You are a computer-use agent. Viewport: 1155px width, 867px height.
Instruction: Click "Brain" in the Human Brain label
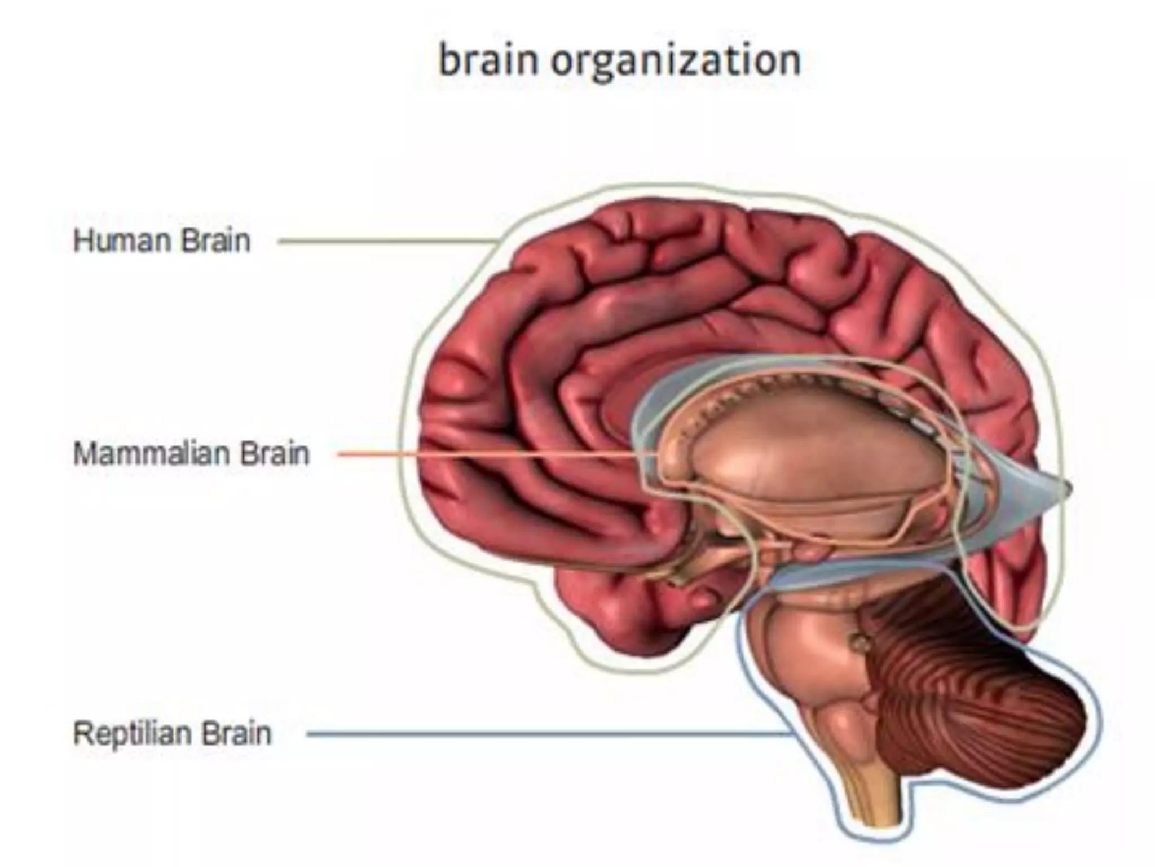pyautogui.click(x=216, y=241)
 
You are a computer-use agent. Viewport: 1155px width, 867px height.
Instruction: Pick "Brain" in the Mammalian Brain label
pyautogui.click(x=275, y=453)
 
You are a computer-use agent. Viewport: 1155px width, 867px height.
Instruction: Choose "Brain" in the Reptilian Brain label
pyautogui.click(x=237, y=734)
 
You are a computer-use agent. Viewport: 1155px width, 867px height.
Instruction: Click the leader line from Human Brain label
pyautogui.click(x=383, y=242)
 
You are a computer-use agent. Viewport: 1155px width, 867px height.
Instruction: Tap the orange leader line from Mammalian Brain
pyautogui.click(x=479, y=454)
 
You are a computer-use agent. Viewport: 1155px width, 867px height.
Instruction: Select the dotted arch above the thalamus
pyautogui.click(x=790, y=384)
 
